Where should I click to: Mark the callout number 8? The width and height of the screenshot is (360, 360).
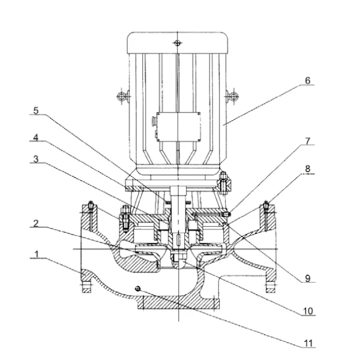(308, 170)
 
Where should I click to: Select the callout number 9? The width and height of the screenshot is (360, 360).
(308, 278)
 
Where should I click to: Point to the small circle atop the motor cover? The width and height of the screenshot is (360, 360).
(176, 43)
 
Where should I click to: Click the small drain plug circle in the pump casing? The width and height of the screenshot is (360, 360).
(139, 289)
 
